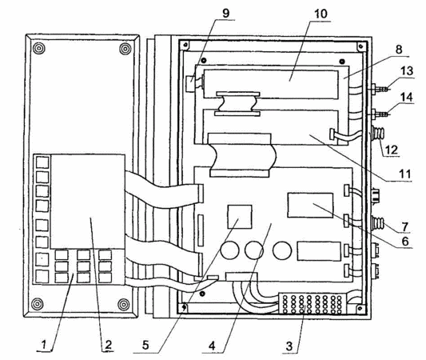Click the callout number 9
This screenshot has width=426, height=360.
[x=225, y=14]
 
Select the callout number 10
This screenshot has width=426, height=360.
[x=320, y=14]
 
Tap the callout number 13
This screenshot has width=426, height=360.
[x=407, y=71]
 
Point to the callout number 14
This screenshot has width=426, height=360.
[x=407, y=98]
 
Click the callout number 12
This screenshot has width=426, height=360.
[x=392, y=150]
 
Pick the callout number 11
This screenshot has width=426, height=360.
[x=404, y=174]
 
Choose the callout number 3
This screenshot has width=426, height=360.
[x=289, y=346]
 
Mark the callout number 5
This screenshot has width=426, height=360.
[x=145, y=346]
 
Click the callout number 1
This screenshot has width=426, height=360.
[x=43, y=345]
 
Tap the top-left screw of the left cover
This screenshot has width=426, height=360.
[x=39, y=48]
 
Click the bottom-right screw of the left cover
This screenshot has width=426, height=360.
[x=124, y=304]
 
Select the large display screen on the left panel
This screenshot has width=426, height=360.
[x=88, y=202]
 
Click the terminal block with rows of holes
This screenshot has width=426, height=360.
[x=313, y=304]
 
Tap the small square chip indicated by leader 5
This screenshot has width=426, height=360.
[x=240, y=217]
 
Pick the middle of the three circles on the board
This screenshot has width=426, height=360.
[x=254, y=250]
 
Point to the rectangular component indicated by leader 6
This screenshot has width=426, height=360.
[x=310, y=206]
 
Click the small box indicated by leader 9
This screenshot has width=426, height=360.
[x=191, y=83]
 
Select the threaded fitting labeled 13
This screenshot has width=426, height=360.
[x=380, y=89]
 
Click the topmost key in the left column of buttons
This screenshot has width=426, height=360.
[x=42, y=162]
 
